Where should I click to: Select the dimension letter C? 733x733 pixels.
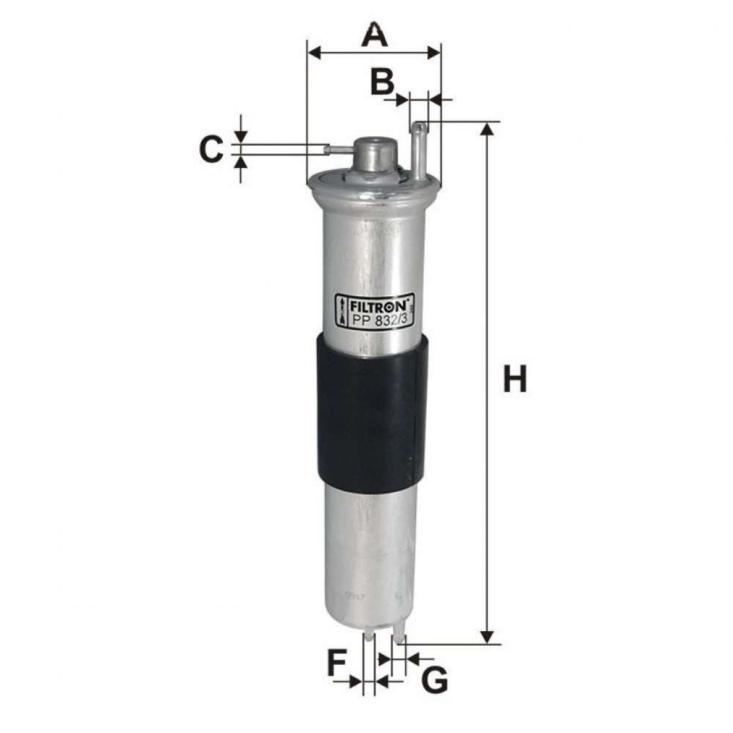point(211,150)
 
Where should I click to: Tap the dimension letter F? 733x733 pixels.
point(335,662)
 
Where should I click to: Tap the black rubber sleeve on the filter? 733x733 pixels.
point(372,415)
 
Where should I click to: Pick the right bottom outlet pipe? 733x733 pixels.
point(399,630)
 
